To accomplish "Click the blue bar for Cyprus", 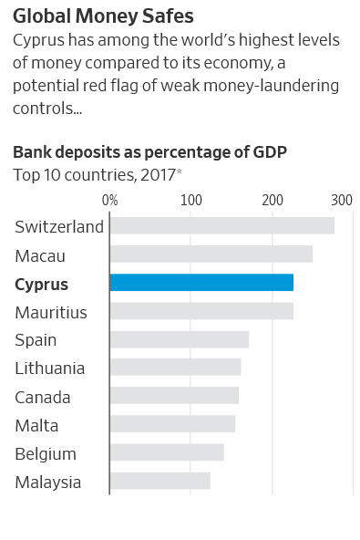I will (x=201, y=283).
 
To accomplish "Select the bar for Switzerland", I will (x=221, y=226).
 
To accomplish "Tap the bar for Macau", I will (x=211, y=254).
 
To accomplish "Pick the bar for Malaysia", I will (x=159, y=481).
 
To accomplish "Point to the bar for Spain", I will (x=179, y=339).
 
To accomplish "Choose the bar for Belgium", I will (x=166, y=452).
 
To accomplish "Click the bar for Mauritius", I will (x=201, y=311).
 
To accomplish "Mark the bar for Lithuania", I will (x=175, y=368).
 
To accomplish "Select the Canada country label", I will (x=42, y=397).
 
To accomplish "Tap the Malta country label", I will (x=36, y=425).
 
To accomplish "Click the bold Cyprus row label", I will (x=41, y=284).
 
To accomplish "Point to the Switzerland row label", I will (x=59, y=227).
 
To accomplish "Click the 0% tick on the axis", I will (x=109, y=200).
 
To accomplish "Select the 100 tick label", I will (x=190, y=200).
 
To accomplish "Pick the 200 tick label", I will (x=272, y=200).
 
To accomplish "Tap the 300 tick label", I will (x=342, y=200).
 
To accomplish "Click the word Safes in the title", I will (x=165, y=16).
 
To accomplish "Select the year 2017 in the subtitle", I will (x=157, y=174).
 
